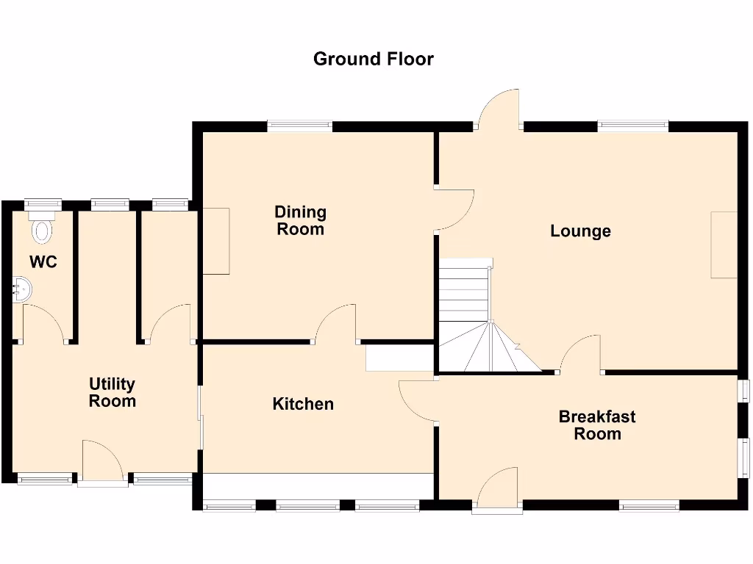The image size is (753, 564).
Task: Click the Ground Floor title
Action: (374, 59)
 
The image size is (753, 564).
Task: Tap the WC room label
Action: (43, 262)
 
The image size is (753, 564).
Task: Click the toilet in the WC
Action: (43, 228)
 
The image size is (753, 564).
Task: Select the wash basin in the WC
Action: (22, 289)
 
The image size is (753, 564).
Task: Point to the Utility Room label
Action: (112, 392)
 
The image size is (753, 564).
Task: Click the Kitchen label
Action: (303, 404)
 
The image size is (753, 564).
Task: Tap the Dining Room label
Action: (300, 220)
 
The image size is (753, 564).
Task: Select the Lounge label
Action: (580, 231)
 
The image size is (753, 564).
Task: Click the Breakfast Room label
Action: (597, 425)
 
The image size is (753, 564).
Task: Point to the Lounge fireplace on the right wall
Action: (724, 245)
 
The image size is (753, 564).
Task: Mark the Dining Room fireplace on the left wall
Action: (216, 241)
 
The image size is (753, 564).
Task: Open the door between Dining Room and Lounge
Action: (454, 210)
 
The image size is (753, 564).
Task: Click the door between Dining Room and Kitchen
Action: (337, 325)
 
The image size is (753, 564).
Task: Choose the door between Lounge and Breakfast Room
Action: (582, 355)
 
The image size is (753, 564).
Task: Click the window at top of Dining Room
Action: (299, 126)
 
